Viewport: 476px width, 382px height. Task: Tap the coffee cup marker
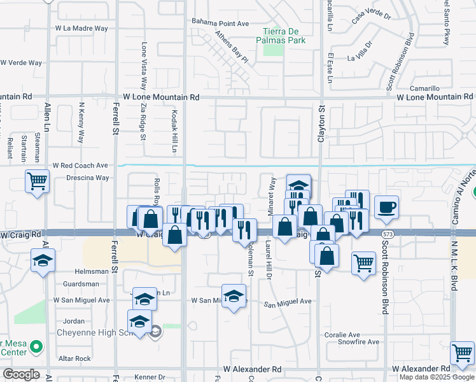[x=386, y=206]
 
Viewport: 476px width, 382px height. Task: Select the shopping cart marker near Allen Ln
[x=38, y=181]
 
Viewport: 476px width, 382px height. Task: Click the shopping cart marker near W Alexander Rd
[x=462, y=353]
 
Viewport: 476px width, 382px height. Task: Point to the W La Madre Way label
[x=81, y=29]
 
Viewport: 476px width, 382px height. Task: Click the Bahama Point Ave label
[x=220, y=24]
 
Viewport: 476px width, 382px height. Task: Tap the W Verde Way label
[x=21, y=63]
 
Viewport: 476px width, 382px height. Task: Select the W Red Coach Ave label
[x=80, y=165]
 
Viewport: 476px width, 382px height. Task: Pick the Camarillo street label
[x=424, y=88]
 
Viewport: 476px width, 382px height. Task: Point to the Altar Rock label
[x=74, y=358]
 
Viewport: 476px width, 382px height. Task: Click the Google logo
[x=21, y=374]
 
